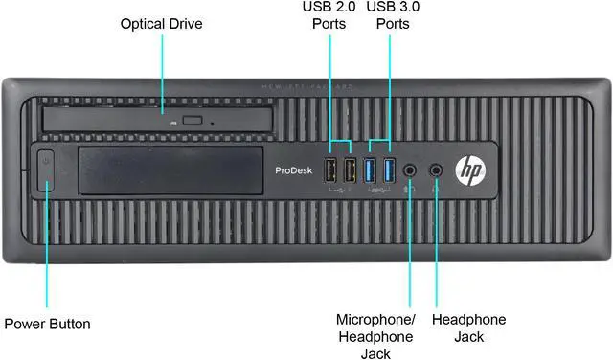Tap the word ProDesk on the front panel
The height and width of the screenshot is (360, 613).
point(291,169)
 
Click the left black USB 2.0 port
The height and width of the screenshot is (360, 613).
point(331,171)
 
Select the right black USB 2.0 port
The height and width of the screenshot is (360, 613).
point(350,171)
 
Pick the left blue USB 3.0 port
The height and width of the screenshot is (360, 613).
point(371,171)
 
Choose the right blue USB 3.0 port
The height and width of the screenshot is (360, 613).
point(389,171)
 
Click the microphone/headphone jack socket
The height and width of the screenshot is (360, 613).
point(412,169)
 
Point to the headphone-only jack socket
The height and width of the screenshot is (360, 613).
point(437,169)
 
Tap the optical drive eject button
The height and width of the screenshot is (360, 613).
point(195,122)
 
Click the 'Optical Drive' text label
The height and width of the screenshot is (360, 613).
point(161,23)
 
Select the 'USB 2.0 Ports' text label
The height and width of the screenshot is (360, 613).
point(329,15)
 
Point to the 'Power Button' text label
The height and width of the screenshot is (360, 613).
point(48,324)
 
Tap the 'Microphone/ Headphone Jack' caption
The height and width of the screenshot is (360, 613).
point(375,336)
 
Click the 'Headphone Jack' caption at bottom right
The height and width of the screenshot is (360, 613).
point(469,327)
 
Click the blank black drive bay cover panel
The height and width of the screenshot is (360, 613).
point(172,170)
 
